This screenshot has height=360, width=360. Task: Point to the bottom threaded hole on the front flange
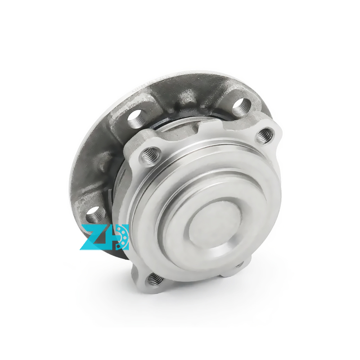(x=154, y=279)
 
